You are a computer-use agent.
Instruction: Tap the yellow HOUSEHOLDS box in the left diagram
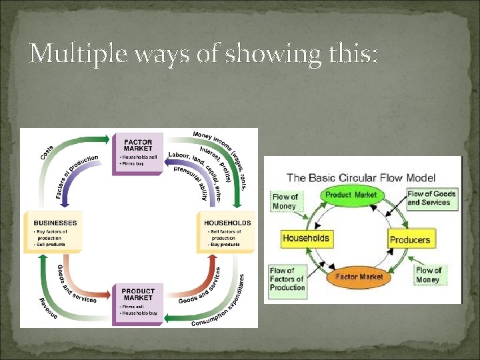[227, 233]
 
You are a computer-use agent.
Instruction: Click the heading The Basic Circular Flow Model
[361, 178]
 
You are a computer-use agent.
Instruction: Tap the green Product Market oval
[352, 195]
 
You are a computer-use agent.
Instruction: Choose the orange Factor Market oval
[359, 276]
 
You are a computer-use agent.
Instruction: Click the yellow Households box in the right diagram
[305, 238]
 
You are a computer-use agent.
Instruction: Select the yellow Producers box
[410, 239]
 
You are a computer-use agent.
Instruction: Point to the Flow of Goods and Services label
[432, 198]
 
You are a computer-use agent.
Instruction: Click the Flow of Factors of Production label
[287, 279]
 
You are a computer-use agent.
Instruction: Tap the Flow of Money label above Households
[285, 201]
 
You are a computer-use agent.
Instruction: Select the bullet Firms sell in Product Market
[133, 307]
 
